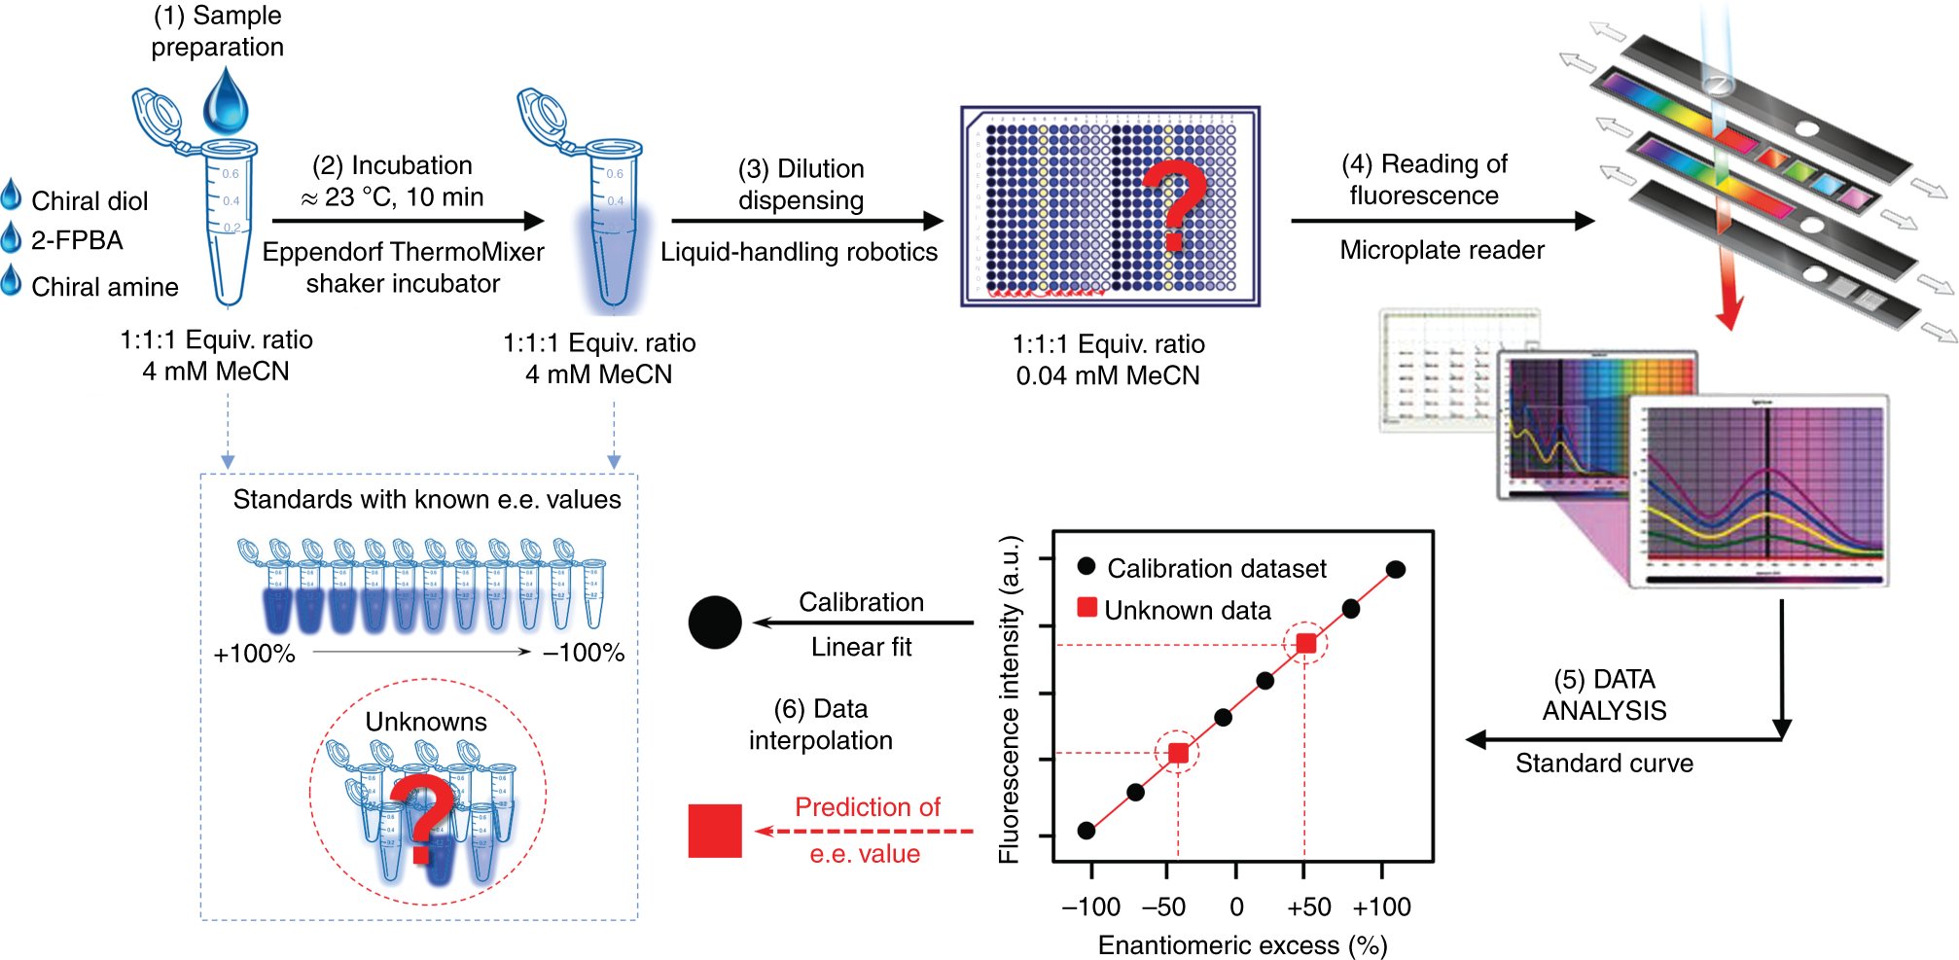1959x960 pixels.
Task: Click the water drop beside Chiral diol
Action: [11, 195]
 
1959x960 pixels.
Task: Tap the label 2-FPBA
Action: [77, 240]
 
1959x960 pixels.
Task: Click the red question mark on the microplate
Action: [1175, 205]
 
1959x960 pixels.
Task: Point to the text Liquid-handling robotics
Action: [799, 252]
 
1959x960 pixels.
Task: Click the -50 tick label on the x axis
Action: [1163, 907]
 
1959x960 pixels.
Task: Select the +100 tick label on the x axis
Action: [1381, 907]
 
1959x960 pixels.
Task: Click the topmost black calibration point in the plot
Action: [1396, 570]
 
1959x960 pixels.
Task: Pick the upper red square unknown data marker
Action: [1306, 643]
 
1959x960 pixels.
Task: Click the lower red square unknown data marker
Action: [1178, 753]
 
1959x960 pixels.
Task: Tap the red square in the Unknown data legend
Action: [1087, 608]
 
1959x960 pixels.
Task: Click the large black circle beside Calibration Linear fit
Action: [715, 622]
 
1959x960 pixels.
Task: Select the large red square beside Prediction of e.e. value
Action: [715, 831]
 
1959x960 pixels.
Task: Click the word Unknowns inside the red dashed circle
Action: [426, 722]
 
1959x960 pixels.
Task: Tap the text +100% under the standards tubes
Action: [254, 654]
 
